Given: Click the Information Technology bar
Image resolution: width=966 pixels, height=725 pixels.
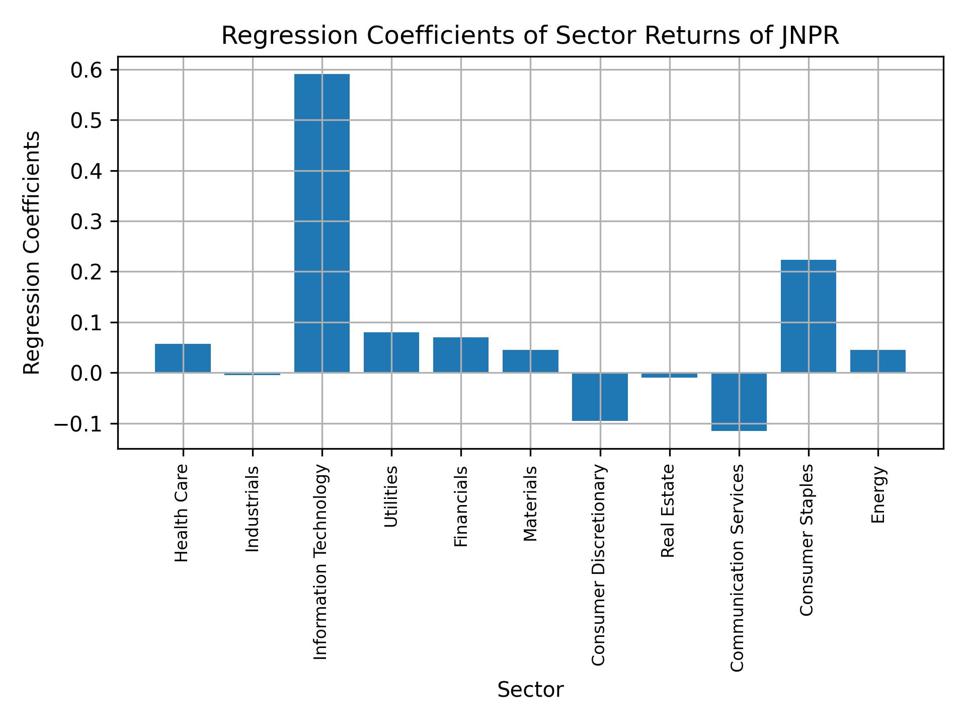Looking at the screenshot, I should click(x=322, y=223).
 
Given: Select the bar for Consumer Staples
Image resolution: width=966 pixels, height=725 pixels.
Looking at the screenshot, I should click(x=808, y=316).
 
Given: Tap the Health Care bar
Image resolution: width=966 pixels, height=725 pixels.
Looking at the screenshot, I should click(x=183, y=358).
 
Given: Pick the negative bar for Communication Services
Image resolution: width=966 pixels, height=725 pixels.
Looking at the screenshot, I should click(x=739, y=402).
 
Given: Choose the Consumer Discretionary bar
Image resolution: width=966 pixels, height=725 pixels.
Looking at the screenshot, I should click(x=600, y=397).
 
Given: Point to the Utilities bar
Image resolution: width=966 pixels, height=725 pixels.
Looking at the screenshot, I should click(x=391, y=352).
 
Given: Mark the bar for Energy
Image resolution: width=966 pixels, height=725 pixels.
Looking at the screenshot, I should click(x=877, y=361).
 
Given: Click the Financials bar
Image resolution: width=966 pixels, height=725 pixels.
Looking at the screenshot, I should click(x=461, y=355).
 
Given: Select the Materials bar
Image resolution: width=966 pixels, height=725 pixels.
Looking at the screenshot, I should click(x=530, y=361).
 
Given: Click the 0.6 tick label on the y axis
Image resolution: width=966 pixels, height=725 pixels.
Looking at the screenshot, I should click(x=87, y=70).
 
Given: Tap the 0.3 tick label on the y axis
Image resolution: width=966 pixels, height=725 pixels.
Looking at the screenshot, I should click(x=87, y=222).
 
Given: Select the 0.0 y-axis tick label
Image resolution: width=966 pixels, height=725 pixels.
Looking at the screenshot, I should click(x=87, y=373).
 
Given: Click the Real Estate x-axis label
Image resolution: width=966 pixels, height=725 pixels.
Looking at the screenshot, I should click(x=668, y=511).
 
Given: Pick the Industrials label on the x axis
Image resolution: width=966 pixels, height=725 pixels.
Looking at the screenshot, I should click(x=253, y=509).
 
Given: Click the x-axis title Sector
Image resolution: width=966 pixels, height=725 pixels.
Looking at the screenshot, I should click(x=530, y=690).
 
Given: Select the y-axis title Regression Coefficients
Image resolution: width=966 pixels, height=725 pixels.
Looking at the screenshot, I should click(x=32, y=253).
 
